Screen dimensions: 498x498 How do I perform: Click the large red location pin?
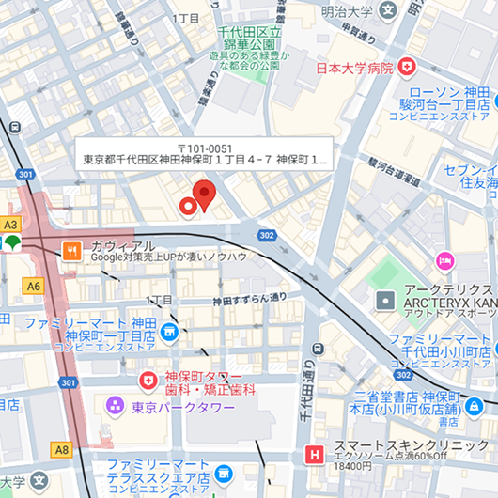(x=204, y=195)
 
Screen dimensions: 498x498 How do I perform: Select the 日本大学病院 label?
(x=352, y=68)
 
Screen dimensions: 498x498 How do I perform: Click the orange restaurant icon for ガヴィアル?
(x=70, y=250)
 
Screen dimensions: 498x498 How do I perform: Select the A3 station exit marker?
(x=10, y=225)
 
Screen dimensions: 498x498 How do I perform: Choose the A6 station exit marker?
(x=35, y=286)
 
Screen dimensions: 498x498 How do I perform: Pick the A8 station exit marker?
(x=62, y=450)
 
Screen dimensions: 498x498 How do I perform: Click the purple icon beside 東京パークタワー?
(x=115, y=406)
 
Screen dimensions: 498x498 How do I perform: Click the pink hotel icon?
(x=444, y=258)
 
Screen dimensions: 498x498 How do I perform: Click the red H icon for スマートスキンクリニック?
(x=314, y=457)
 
